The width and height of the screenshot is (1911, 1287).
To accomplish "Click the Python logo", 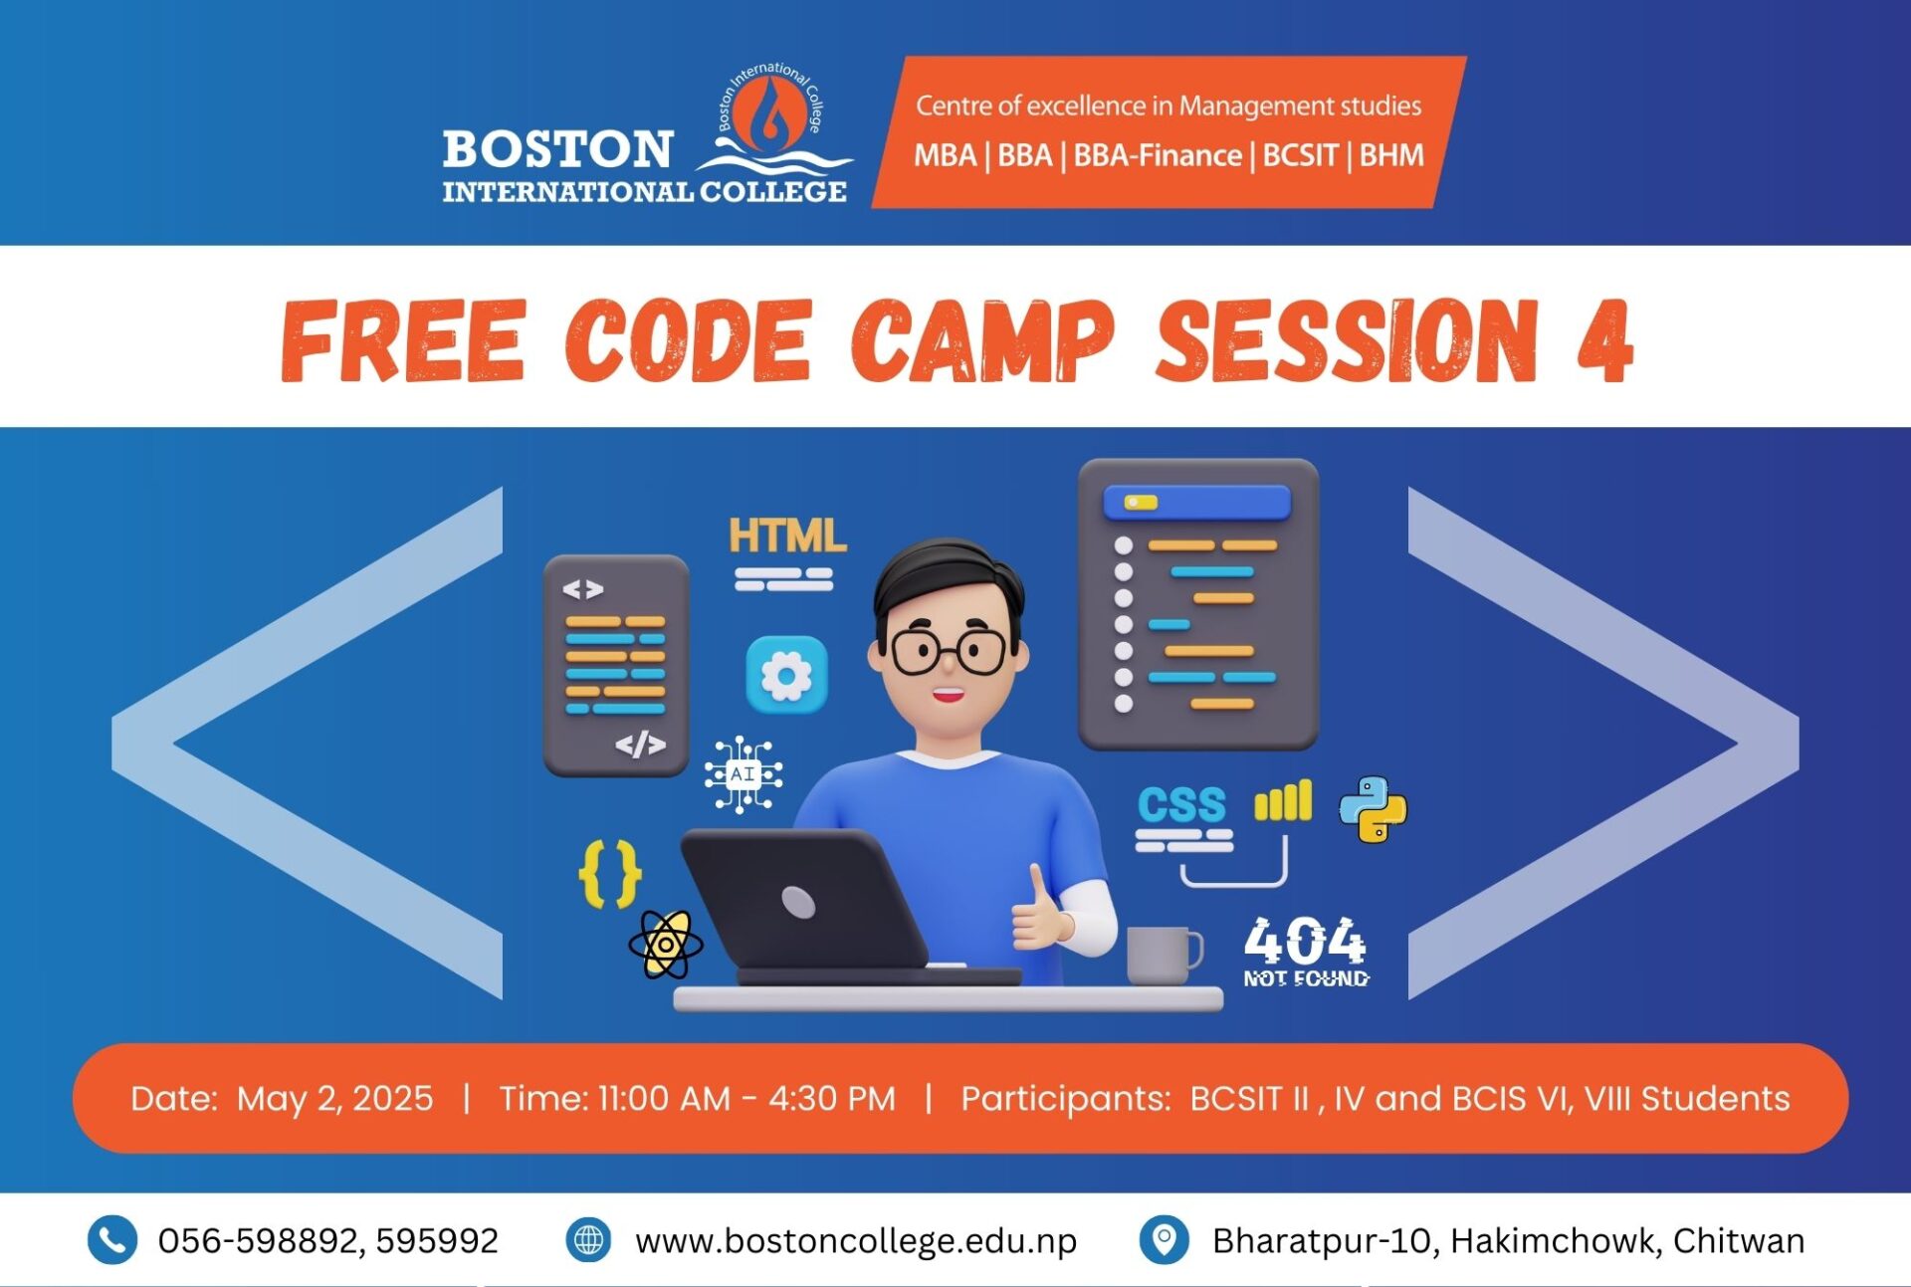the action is [1373, 809].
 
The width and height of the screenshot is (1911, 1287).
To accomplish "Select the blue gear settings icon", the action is [786, 675].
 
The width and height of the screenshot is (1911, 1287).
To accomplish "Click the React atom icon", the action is [666, 945].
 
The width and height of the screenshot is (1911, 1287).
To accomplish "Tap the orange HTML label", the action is [787, 536].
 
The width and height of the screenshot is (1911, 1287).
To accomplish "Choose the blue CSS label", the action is [1181, 805].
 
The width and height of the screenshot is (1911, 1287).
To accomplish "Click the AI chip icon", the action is [743, 774].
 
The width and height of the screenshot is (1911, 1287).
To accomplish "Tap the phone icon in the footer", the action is [112, 1240].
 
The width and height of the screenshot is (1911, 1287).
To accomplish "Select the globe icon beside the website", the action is [588, 1240].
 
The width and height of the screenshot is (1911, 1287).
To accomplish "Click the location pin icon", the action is [1164, 1240].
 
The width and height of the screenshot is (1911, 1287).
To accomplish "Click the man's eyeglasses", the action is [949, 651].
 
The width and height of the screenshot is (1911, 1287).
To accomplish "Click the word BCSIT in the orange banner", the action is [1300, 156].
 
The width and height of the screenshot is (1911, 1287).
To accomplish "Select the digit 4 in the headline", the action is [1604, 340].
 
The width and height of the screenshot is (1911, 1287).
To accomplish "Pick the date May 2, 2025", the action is [335, 1099].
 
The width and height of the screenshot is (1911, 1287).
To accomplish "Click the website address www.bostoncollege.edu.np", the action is [856, 1241].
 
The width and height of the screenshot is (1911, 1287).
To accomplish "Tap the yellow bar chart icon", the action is [1283, 801].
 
